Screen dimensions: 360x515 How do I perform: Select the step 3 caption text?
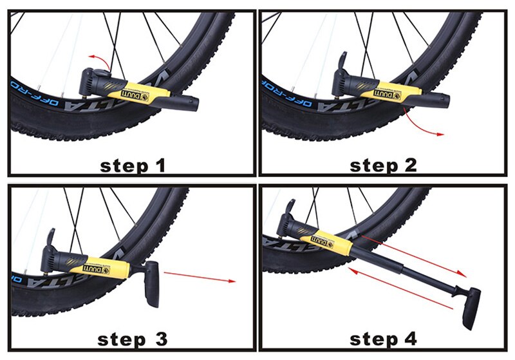(x=133, y=338)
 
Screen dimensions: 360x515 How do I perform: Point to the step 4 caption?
(x=384, y=338)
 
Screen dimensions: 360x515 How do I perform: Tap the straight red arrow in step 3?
(x=200, y=278)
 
